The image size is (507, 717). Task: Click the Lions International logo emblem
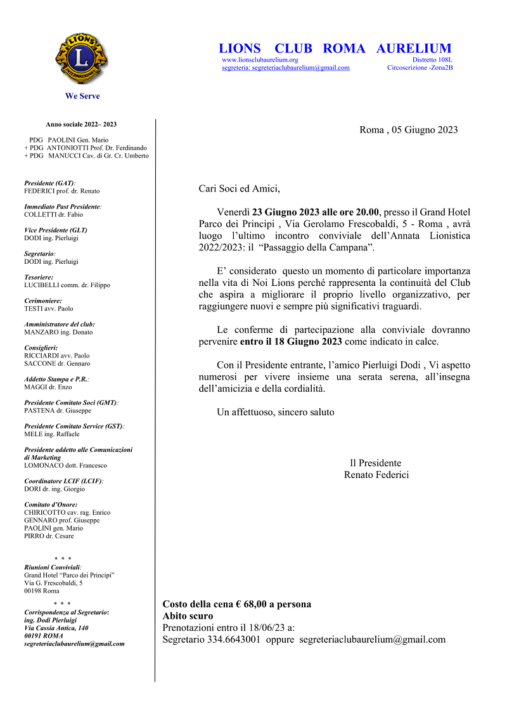coord(82,58)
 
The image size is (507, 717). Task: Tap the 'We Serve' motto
coord(82,96)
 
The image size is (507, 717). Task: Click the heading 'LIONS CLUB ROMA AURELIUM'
coord(335,48)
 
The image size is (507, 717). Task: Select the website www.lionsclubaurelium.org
coord(260,60)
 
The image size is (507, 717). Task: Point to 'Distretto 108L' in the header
coord(432,60)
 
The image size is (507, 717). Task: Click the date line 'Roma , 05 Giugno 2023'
coord(408,130)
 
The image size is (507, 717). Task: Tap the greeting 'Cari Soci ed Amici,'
coord(239,188)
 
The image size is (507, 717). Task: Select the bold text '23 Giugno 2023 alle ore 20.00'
coord(316,212)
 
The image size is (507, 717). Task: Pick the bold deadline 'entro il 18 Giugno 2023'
coord(291,342)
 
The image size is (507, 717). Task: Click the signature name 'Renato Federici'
coord(376,475)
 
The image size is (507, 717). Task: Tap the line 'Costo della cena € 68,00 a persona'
coord(237,604)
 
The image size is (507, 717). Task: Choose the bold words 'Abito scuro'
coord(188,616)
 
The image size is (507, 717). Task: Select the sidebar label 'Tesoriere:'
coord(39,277)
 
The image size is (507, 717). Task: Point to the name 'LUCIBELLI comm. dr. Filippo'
coord(67,285)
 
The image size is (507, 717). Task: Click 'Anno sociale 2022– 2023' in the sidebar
coord(81,124)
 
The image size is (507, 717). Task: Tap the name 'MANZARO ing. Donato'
coord(58,332)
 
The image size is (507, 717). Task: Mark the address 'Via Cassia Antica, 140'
coord(56,628)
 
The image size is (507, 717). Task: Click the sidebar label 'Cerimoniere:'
coord(43,300)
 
